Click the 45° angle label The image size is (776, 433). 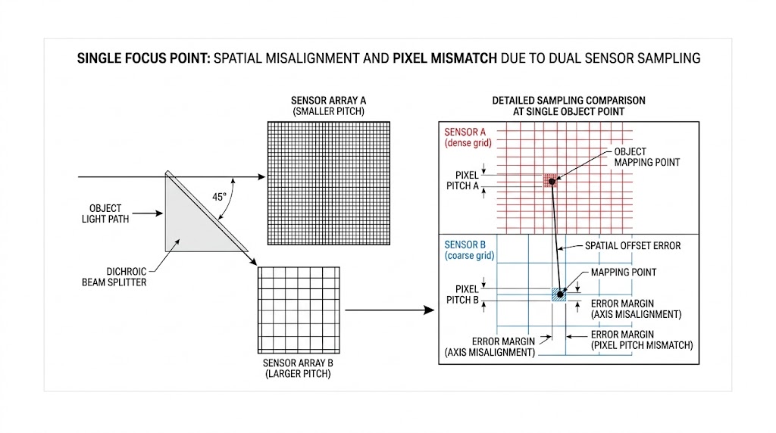click(218, 197)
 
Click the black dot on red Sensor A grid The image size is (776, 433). click(552, 181)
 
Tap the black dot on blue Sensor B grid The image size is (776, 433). click(561, 294)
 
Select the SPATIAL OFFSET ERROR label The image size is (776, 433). click(632, 246)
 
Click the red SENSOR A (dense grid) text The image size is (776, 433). click(467, 137)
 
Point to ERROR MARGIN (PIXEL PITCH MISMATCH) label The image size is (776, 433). click(641, 339)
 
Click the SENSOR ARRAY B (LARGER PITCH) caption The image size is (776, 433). click(297, 367)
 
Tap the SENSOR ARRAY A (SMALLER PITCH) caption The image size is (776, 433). click(328, 106)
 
